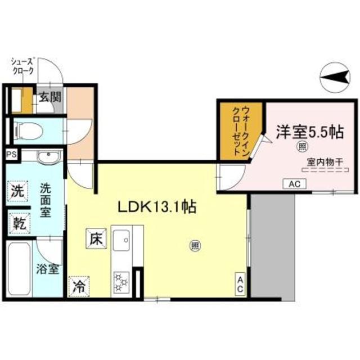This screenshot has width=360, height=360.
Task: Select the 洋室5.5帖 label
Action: (309, 132)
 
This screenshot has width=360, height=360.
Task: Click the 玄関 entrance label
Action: (49, 97)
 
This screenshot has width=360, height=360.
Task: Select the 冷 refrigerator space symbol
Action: (79, 286)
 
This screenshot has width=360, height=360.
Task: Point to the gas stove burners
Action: (121, 281)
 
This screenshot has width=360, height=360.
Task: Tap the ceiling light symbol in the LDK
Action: (195, 245)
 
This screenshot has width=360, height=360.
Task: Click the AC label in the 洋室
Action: (294, 183)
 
